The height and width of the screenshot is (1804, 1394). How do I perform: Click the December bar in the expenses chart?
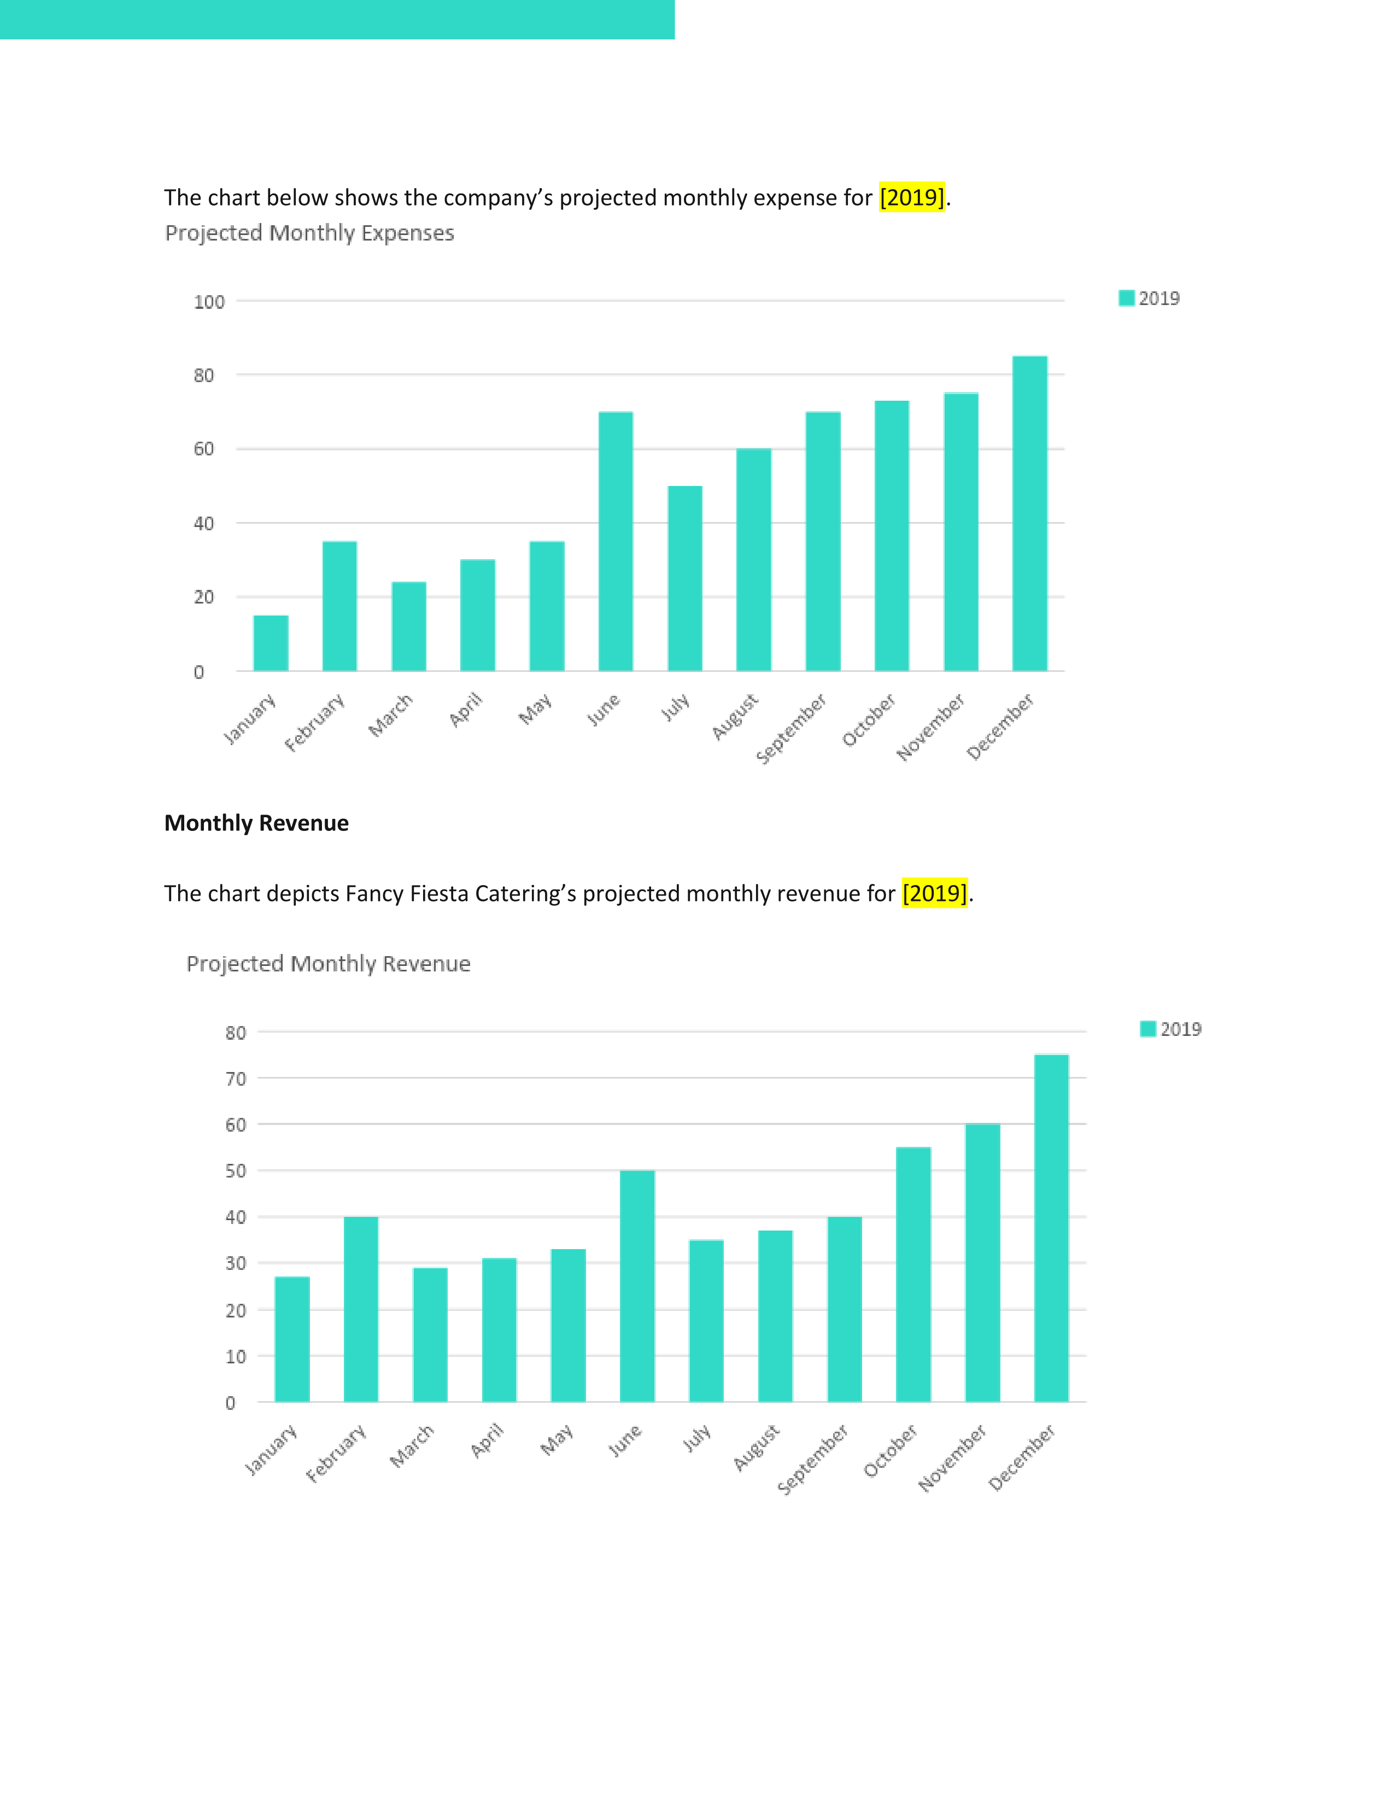click(1030, 513)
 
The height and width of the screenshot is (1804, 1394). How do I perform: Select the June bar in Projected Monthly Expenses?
click(615, 541)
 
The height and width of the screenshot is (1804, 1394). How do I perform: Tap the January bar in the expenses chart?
click(271, 643)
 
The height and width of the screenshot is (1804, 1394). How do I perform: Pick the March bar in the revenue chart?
click(430, 1334)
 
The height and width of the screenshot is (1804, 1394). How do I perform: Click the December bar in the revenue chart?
click(1051, 1227)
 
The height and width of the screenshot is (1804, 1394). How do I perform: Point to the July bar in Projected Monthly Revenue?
click(706, 1321)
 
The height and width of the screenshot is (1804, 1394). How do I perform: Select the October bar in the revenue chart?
click(913, 1274)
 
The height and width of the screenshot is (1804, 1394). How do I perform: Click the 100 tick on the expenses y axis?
click(209, 302)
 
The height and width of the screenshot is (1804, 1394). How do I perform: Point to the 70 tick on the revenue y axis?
click(236, 1079)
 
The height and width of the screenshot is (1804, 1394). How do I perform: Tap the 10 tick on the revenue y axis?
click(236, 1356)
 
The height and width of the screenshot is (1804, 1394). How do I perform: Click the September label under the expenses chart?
click(791, 729)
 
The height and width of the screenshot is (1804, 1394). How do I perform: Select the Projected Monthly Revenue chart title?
click(329, 964)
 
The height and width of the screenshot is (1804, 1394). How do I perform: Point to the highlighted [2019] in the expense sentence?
click(912, 197)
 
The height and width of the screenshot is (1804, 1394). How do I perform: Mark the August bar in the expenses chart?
click(754, 559)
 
